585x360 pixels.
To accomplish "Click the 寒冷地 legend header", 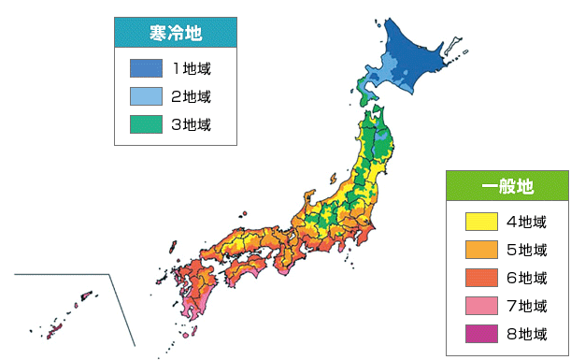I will click(175, 35).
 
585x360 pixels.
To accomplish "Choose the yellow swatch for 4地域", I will click(480, 222).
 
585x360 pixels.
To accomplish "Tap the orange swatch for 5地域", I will click(480, 250).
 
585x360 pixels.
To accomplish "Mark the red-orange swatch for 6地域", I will click(480, 278).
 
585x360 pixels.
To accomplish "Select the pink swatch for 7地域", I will click(480, 306).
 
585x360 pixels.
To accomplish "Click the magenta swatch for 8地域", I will click(480, 334).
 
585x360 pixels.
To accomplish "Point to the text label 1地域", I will click(192, 68).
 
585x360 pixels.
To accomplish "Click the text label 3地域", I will click(192, 124).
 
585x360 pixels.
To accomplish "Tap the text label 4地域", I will click(525, 222).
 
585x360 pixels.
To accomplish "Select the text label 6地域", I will click(525, 278).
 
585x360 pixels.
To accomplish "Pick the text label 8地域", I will click(525, 334).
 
